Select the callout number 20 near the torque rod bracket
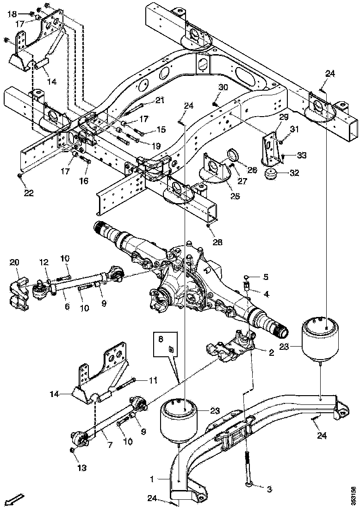(x=14, y=263)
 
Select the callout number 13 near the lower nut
(x=82, y=468)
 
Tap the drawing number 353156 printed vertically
(x=353, y=495)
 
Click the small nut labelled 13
(x=72, y=450)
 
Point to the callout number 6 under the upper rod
(x=67, y=307)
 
